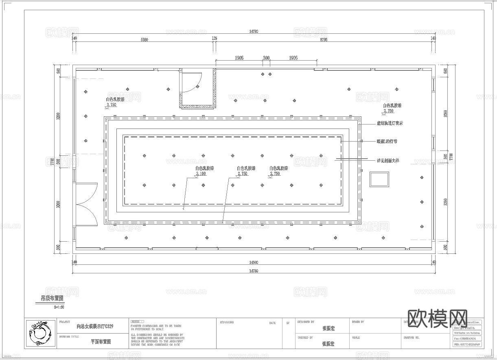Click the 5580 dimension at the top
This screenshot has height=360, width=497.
[144, 40]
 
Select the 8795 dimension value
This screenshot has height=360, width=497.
[324, 40]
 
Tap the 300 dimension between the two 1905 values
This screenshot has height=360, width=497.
[266, 58]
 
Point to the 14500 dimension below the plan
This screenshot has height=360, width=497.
[253, 262]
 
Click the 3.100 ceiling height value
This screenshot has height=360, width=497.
[201, 174]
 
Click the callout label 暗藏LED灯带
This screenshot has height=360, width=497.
[387, 142]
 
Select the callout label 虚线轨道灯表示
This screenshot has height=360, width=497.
[390, 123]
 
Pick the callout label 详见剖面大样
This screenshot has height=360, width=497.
[388, 161]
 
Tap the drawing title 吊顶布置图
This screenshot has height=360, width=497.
[52, 299]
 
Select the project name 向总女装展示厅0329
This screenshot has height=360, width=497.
[95, 326]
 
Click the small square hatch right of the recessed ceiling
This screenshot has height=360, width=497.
[379, 179]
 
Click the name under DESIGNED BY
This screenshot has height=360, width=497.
[328, 328]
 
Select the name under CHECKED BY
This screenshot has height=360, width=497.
[328, 344]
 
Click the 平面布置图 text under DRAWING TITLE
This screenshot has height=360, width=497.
[101, 342]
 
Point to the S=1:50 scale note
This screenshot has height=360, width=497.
[59, 308]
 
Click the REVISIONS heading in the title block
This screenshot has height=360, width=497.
[227, 323]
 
